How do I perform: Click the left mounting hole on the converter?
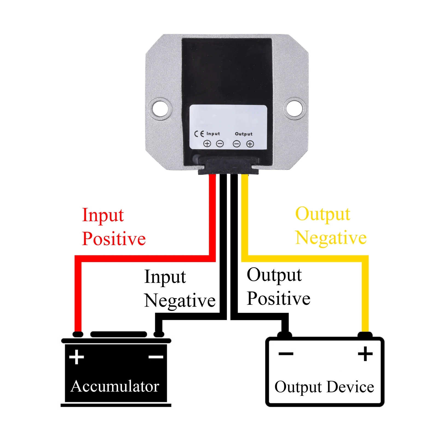point(160,108)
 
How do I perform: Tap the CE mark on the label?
point(199,134)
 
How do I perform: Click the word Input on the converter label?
point(213,134)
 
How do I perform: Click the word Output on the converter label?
point(244,134)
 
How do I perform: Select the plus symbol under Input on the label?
point(207,143)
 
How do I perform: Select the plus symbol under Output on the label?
point(250,144)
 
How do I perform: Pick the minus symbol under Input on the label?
point(220,143)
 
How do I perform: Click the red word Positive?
point(114,239)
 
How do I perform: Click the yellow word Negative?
point(331,237)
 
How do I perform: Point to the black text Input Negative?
point(179,289)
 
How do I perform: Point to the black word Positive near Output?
point(278,298)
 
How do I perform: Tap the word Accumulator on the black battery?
point(115,386)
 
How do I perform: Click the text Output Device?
point(324,387)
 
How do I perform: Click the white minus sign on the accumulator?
point(156,357)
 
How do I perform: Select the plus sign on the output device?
point(365,354)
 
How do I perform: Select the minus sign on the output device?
point(286,354)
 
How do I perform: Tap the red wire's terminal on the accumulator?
point(78,334)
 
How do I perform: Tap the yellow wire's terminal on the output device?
point(365,335)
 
